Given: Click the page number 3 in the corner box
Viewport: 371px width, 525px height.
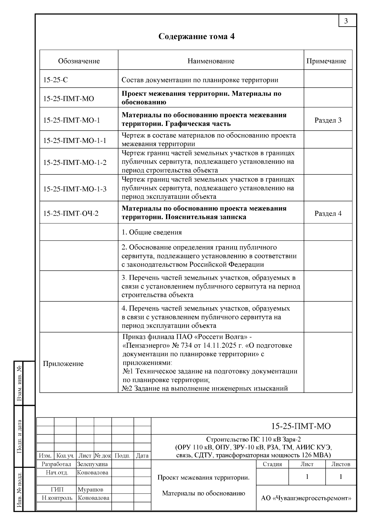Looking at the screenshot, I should (x=346, y=21).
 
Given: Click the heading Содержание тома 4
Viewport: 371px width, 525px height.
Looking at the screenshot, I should (x=196, y=37).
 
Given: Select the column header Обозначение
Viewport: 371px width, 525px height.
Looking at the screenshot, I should (x=79, y=61).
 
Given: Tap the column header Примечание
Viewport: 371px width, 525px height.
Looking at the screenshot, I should (x=326, y=61).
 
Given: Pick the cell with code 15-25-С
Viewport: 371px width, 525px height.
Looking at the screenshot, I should (x=56, y=80).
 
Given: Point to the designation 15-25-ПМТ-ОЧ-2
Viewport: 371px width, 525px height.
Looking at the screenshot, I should (x=71, y=213).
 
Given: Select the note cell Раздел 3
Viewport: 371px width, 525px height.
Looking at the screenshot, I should (x=328, y=120).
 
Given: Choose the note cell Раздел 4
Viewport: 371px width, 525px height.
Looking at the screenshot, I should (x=328, y=213).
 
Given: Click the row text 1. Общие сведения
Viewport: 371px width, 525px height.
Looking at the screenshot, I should (x=151, y=232).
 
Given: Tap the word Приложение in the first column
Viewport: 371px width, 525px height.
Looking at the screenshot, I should (x=63, y=364).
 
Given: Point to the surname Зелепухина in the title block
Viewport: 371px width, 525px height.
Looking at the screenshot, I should (x=92, y=464).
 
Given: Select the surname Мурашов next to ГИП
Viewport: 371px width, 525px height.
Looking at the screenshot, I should (x=90, y=489).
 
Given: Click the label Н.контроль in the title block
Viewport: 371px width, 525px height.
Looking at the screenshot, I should (x=57, y=498).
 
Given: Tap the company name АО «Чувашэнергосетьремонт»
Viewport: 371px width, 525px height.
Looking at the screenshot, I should (x=306, y=498).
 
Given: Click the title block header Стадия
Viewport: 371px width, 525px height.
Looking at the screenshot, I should (x=272, y=464).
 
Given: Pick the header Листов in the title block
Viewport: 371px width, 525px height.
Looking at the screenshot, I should (x=341, y=464).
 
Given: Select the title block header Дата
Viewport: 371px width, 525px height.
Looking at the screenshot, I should (x=142, y=455).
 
